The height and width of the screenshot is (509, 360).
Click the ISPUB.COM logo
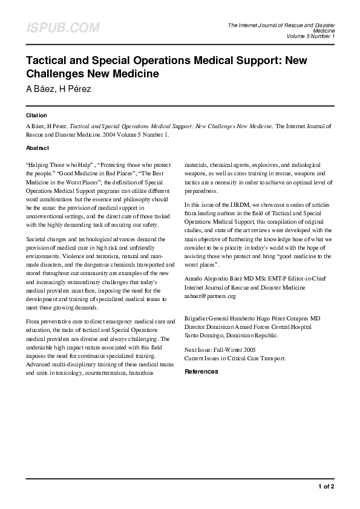62,27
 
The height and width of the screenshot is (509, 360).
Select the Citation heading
36,115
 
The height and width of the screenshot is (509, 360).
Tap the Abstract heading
38,148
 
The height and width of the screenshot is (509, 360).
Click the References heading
201,371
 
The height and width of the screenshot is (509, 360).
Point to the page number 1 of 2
326,486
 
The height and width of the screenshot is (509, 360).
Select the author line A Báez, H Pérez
58,89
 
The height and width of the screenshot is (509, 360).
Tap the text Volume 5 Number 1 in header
310,36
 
